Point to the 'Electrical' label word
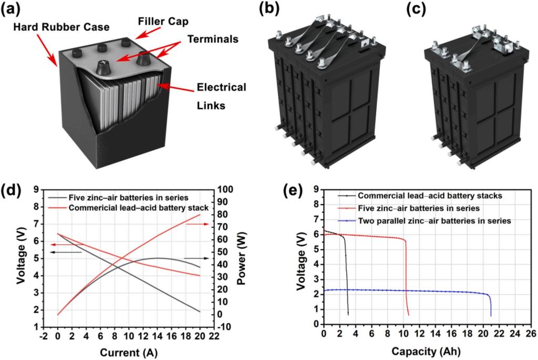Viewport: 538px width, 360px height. [221, 87]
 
